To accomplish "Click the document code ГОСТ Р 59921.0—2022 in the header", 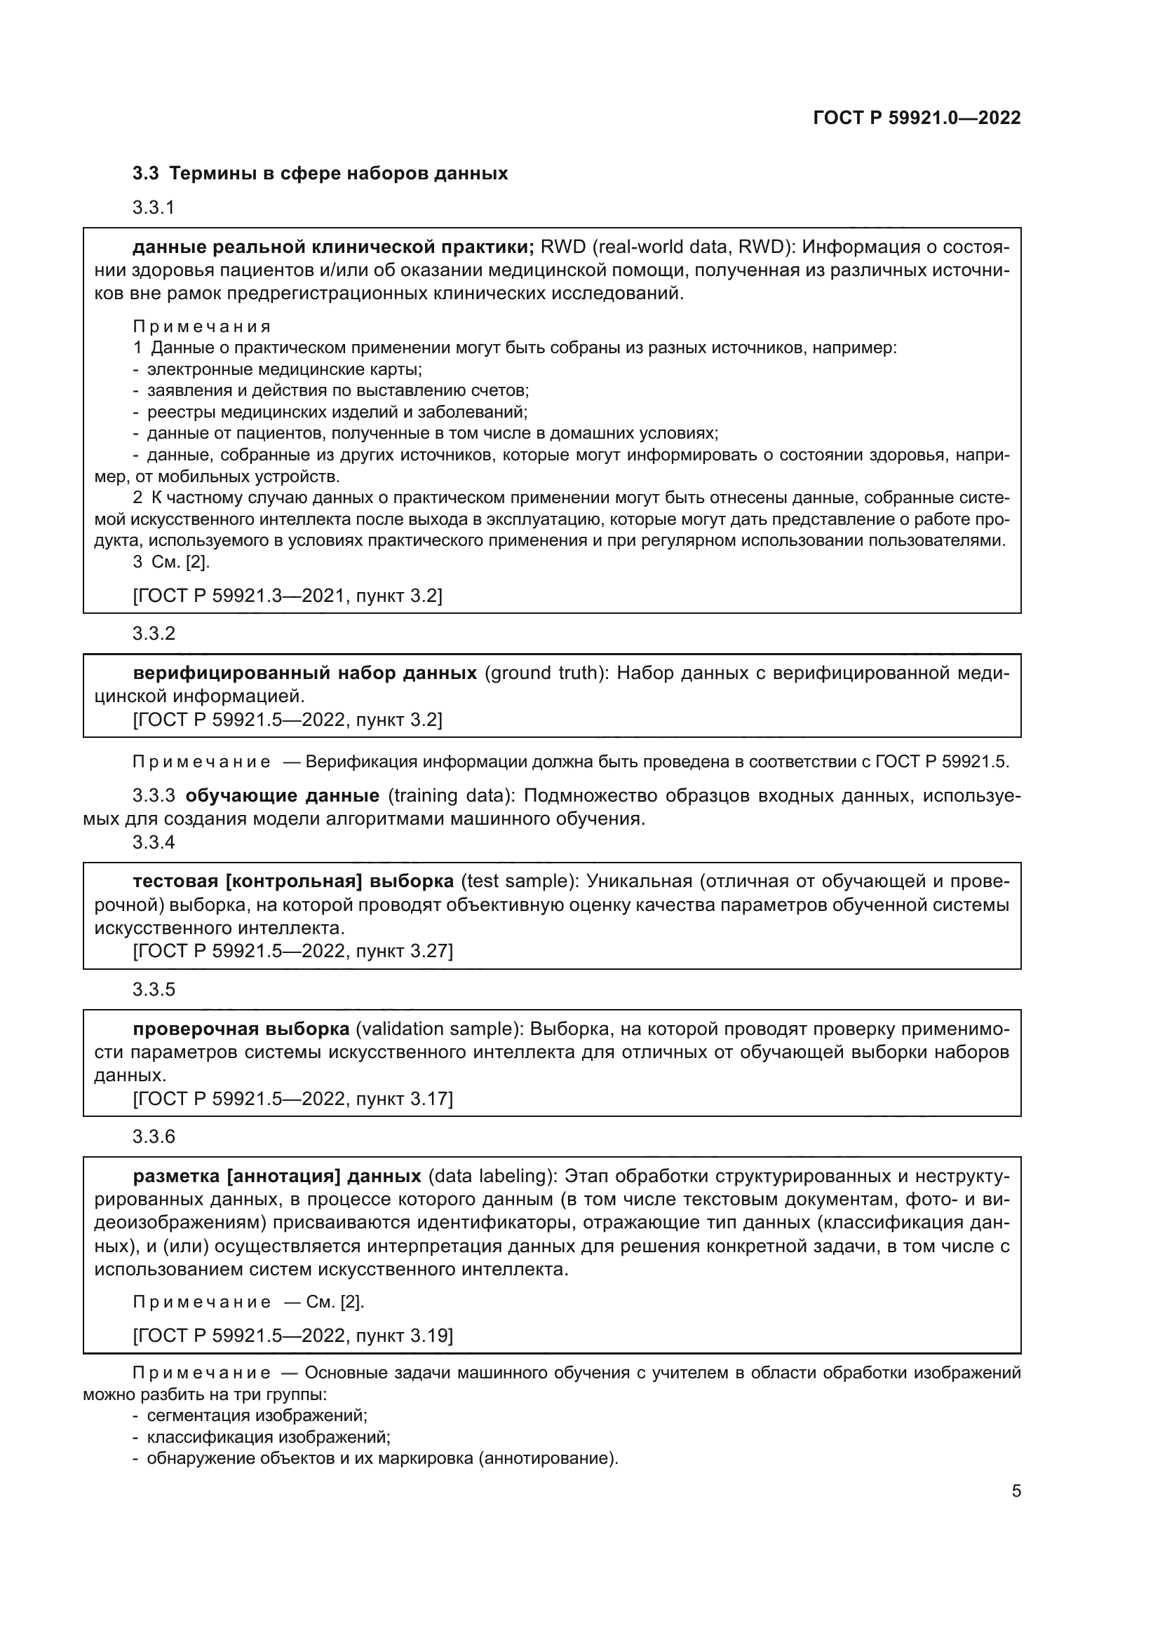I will coord(917,118).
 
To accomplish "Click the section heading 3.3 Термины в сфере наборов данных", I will coord(320,174).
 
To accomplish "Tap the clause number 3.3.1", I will coord(154,207).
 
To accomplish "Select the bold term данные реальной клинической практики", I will coord(333,247).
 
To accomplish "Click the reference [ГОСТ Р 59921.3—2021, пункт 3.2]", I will coord(287,596).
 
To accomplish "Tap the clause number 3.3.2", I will coord(154,633).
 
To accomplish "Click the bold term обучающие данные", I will coord(282,795).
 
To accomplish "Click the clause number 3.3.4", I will coord(154,842).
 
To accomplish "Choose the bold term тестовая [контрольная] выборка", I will coord(293,881).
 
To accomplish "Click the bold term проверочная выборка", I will coord(241,1029).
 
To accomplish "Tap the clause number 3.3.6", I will coord(154,1137).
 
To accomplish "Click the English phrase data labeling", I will coord(492,1176).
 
